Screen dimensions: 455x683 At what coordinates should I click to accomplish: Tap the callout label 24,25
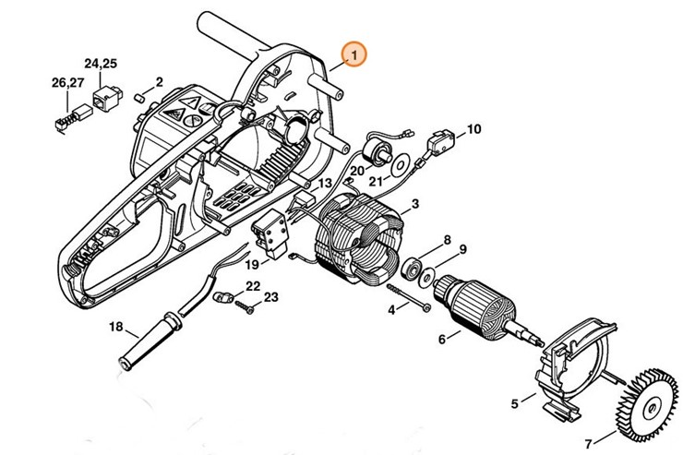coord(101,64)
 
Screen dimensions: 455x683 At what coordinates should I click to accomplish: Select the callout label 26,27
coord(67,84)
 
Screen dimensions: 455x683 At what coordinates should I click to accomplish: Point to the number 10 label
coord(473,130)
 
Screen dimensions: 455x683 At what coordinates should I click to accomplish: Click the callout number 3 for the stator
coord(416,203)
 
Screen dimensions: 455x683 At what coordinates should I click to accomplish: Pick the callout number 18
coord(116,327)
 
